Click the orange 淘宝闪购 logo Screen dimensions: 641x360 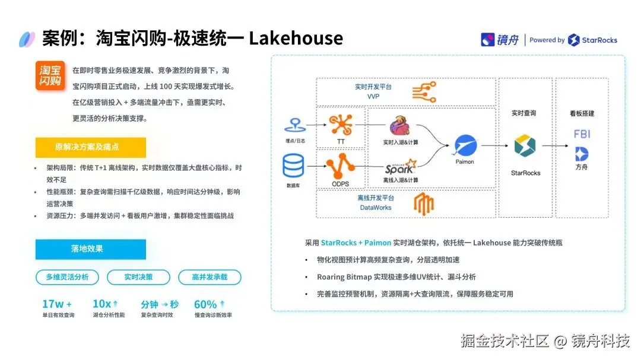[x=50, y=75]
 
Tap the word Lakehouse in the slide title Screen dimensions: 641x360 [x=296, y=39]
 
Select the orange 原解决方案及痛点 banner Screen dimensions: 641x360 [x=90, y=147]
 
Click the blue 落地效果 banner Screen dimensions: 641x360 [x=90, y=249]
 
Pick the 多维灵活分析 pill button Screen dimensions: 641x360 [x=66, y=277]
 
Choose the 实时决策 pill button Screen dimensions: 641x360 [x=138, y=277]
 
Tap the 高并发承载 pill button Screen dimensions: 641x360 [x=210, y=277]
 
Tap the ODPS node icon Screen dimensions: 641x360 [x=341, y=166]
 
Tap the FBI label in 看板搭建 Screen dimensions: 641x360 [x=582, y=135]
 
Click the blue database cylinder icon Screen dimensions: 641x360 [x=293, y=167]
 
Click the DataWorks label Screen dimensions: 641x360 [x=375, y=208]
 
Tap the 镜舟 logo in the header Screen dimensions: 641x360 [x=500, y=40]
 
